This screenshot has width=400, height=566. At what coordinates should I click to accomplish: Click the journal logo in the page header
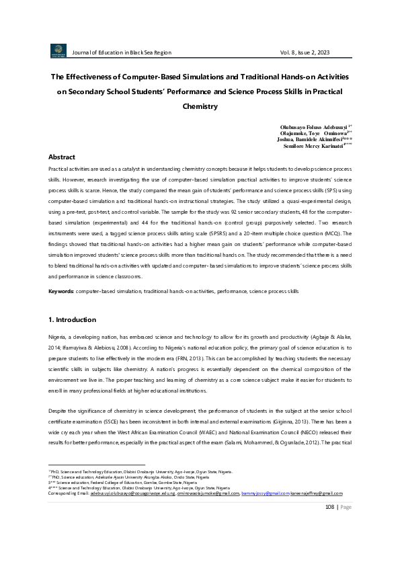(58, 51)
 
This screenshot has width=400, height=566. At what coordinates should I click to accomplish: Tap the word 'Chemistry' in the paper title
(200, 106)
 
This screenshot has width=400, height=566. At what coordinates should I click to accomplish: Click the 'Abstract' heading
(61, 157)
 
